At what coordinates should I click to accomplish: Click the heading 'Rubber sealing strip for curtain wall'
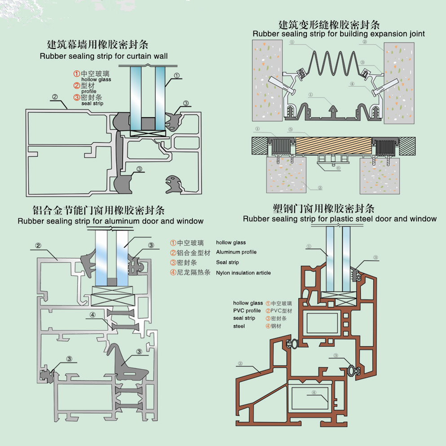[x=104, y=56]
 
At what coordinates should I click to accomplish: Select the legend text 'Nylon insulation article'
[x=243, y=273]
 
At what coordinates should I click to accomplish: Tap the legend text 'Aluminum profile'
[x=236, y=252]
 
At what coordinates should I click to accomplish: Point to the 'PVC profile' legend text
[x=247, y=311]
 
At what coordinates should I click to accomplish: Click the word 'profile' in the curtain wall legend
[x=89, y=91]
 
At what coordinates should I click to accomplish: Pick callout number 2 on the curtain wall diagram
[x=55, y=97]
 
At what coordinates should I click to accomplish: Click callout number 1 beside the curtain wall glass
[x=177, y=75]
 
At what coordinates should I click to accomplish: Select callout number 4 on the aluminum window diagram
[x=93, y=315]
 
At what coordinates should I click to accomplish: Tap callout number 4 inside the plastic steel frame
[x=314, y=393]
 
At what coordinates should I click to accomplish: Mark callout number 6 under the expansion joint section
[x=338, y=168]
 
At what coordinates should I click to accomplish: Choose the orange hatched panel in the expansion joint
[x=333, y=146]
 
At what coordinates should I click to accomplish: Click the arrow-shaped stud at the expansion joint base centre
[x=333, y=112]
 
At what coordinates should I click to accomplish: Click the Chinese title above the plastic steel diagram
[x=323, y=208]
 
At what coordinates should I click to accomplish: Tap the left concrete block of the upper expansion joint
[x=267, y=80]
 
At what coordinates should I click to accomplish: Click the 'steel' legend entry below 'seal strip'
[x=239, y=326]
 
